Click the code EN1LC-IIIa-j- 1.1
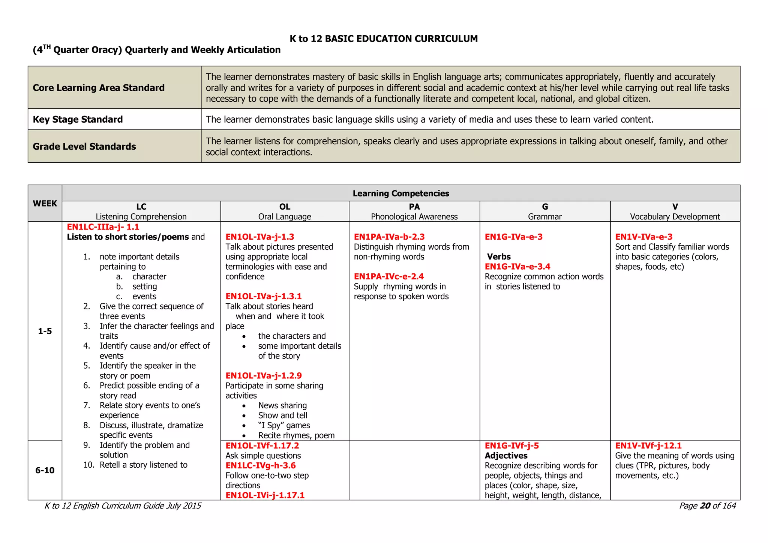click(x=103, y=227)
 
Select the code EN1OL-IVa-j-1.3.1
click(x=264, y=296)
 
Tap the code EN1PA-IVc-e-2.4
click(x=389, y=276)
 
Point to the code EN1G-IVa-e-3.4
click(x=517, y=267)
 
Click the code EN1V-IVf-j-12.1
click(x=648, y=445)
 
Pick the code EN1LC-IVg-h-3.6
click(x=261, y=465)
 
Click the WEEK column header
click(x=45, y=203)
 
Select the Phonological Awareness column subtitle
click(x=414, y=216)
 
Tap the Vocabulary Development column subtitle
click(x=675, y=216)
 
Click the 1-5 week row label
click(x=45, y=331)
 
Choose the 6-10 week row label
click(x=45, y=470)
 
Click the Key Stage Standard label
click(x=78, y=119)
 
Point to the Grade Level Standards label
click(x=84, y=146)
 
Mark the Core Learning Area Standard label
click(x=99, y=87)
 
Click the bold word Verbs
click(x=499, y=257)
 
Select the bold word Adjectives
click(x=506, y=456)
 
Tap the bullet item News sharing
click(x=282, y=405)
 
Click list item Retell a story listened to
click(x=143, y=465)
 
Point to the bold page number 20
click(x=705, y=506)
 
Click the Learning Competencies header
click(x=401, y=193)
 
